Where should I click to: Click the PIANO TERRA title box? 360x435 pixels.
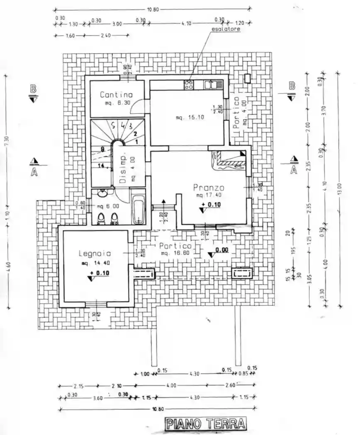(x=205, y=424)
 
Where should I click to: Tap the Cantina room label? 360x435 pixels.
(x=116, y=95)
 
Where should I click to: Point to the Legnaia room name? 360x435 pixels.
(x=95, y=253)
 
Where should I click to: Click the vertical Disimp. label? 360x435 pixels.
(x=123, y=169)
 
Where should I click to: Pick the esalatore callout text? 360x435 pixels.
(x=226, y=29)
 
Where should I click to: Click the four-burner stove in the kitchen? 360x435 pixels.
(x=189, y=85)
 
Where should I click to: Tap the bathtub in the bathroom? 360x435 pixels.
(x=139, y=209)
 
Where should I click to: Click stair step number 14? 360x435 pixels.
(x=100, y=166)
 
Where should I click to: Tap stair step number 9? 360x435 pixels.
(x=102, y=148)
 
